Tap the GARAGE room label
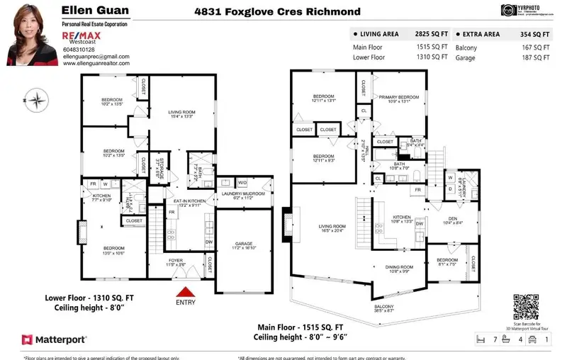243,243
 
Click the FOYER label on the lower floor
175,261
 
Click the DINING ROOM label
398,267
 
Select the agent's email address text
96,56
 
